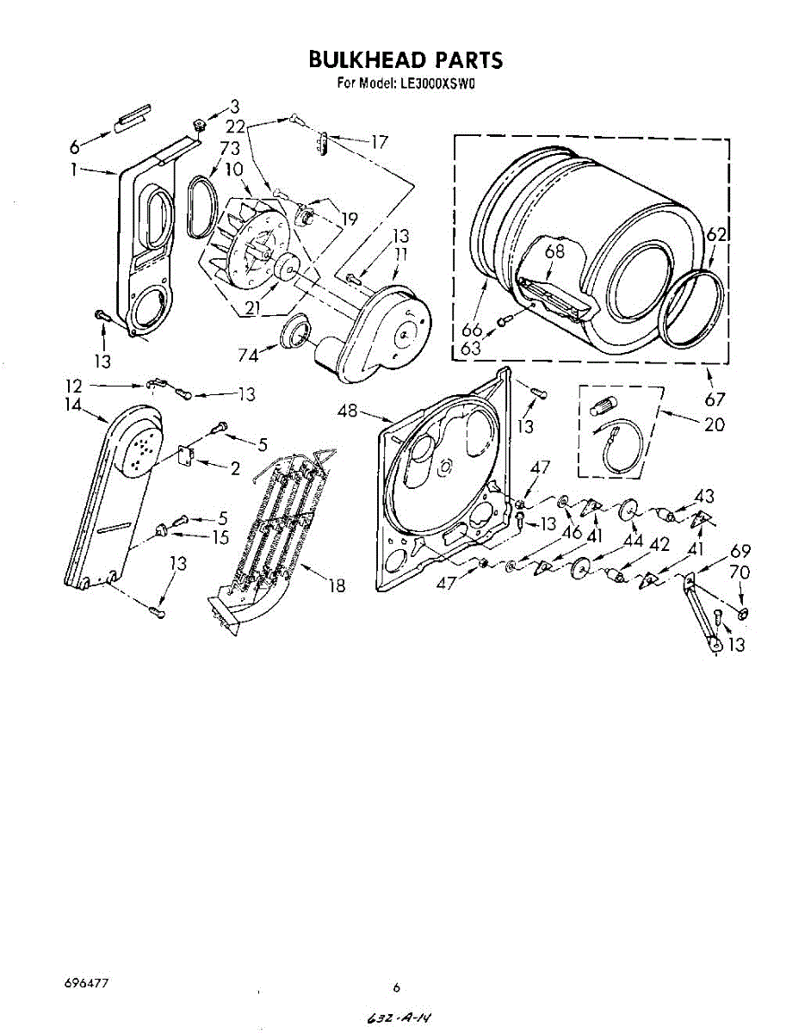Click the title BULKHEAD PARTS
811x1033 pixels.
pyautogui.click(x=405, y=60)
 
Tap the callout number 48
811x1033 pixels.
pyautogui.click(x=347, y=411)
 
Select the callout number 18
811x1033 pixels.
pyautogui.click(x=337, y=585)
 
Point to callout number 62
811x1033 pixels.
pyautogui.click(x=716, y=233)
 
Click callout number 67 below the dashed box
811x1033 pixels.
pyautogui.click(x=715, y=399)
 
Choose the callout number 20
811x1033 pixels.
pyautogui.click(x=714, y=424)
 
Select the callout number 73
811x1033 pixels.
pyautogui.click(x=228, y=149)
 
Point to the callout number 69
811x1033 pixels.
pyautogui.click(x=740, y=551)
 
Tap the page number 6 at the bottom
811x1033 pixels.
pyautogui.click(x=397, y=987)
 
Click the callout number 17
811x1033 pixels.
pyautogui.click(x=379, y=142)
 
